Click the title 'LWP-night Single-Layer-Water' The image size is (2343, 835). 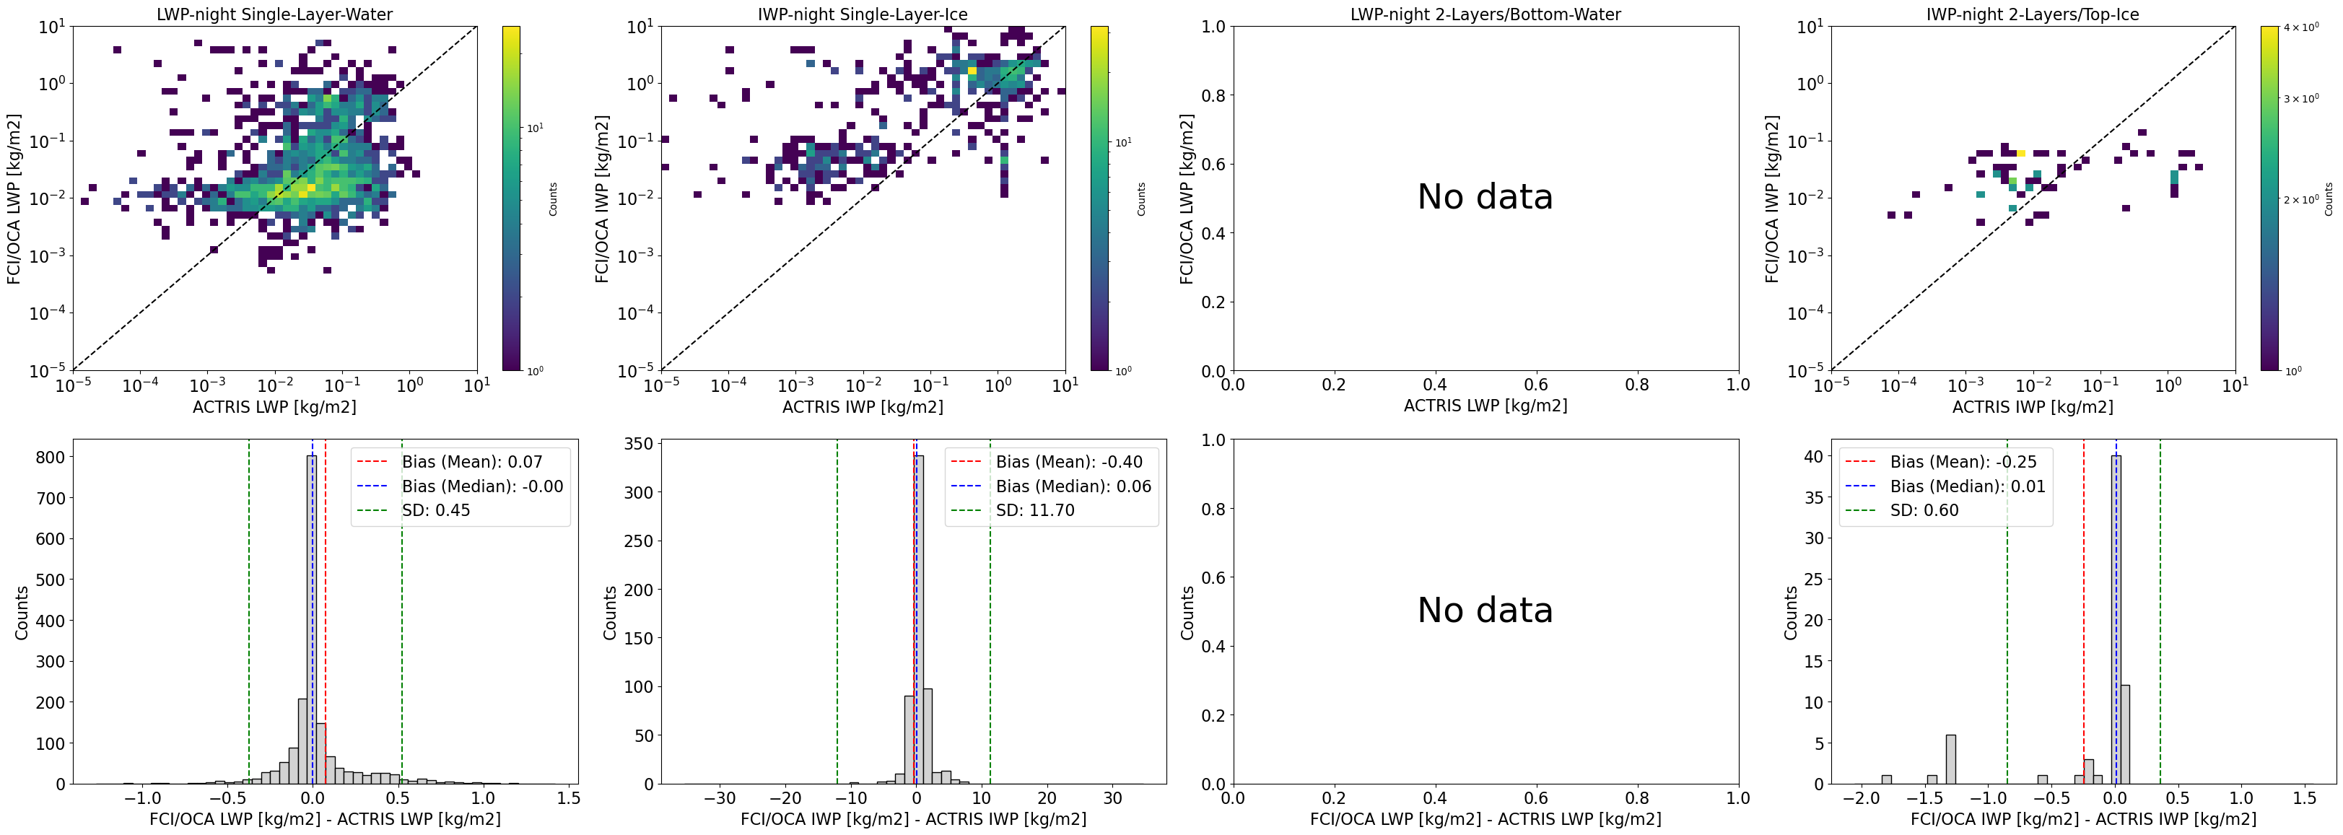point(275,14)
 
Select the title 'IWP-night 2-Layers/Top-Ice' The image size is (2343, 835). point(2032,14)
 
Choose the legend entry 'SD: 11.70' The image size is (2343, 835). point(1034,510)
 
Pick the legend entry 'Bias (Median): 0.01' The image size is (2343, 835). point(1968,486)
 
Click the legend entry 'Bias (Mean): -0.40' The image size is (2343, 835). point(1069,462)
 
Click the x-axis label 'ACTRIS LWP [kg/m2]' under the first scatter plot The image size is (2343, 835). point(275,406)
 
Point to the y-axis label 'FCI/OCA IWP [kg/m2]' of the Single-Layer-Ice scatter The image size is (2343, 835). point(602,198)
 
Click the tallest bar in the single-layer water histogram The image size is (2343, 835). point(312,618)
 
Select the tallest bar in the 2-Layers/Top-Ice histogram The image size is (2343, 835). point(2116,618)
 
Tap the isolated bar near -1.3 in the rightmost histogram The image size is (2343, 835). point(1951,759)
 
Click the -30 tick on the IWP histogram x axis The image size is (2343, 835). point(720,799)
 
